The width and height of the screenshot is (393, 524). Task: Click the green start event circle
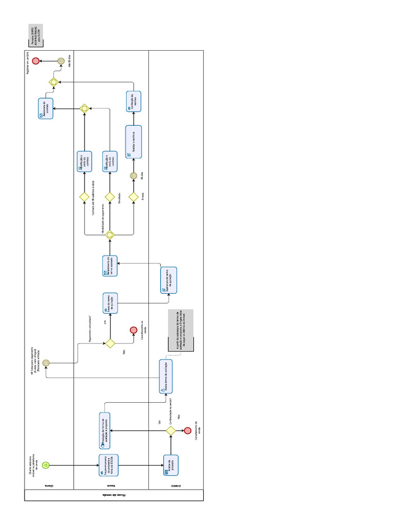click(x=46, y=465)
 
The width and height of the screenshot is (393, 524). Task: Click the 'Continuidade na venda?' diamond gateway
click(x=171, y=431)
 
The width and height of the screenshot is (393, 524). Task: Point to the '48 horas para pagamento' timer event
click(x=46, y=362)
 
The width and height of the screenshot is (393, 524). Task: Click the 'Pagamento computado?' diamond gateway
click(x=110, y=343)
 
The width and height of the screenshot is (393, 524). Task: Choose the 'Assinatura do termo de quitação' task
click(x=168, y=280)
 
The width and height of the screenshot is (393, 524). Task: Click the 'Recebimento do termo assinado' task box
click(x=110, y=266)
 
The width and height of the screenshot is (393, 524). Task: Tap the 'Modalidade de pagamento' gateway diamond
click(x=110, y=235)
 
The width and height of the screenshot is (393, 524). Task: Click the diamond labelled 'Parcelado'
click(x=110, y=196)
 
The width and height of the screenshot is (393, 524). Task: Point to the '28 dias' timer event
click(x=134, y=176)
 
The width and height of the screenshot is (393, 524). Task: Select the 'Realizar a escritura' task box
click(x=134, y=142)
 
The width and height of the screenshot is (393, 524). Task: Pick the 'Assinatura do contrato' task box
click(x=46, y=108)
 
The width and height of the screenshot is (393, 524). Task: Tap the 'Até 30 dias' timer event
click(x=60, y=61)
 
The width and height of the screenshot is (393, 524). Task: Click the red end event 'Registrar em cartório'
click(x=36, y=61)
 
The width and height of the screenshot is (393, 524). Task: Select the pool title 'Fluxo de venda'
click(x=113, y=495)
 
